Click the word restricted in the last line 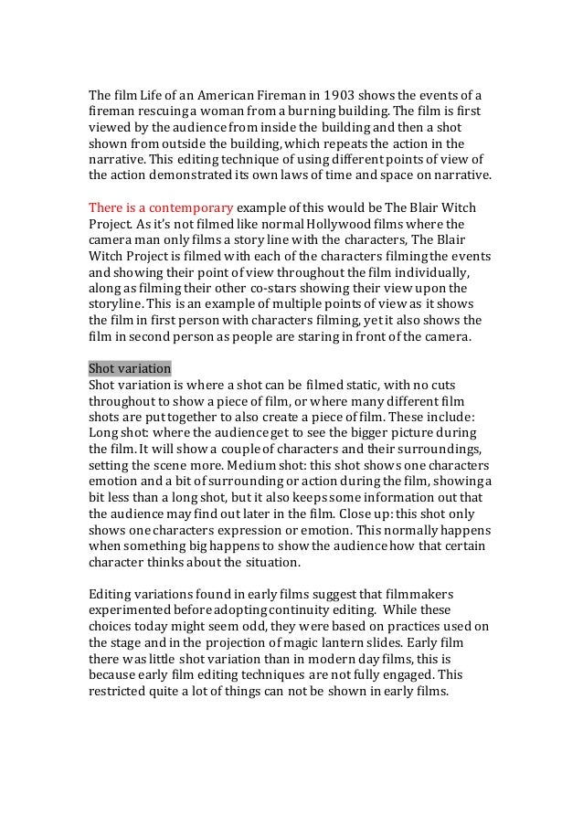click(x=122, y=689)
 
